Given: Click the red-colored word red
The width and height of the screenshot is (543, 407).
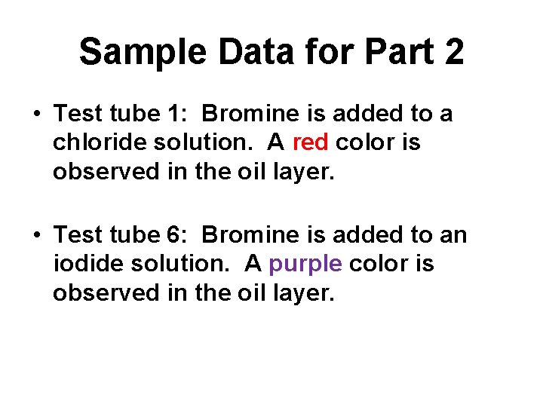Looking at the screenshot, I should [309, 142].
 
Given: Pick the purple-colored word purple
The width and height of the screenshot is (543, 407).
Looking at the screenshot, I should [305, 265].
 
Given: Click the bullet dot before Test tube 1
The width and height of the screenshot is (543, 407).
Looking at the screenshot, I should [36, 115].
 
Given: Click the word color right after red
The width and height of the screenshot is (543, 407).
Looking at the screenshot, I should [365, 142].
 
